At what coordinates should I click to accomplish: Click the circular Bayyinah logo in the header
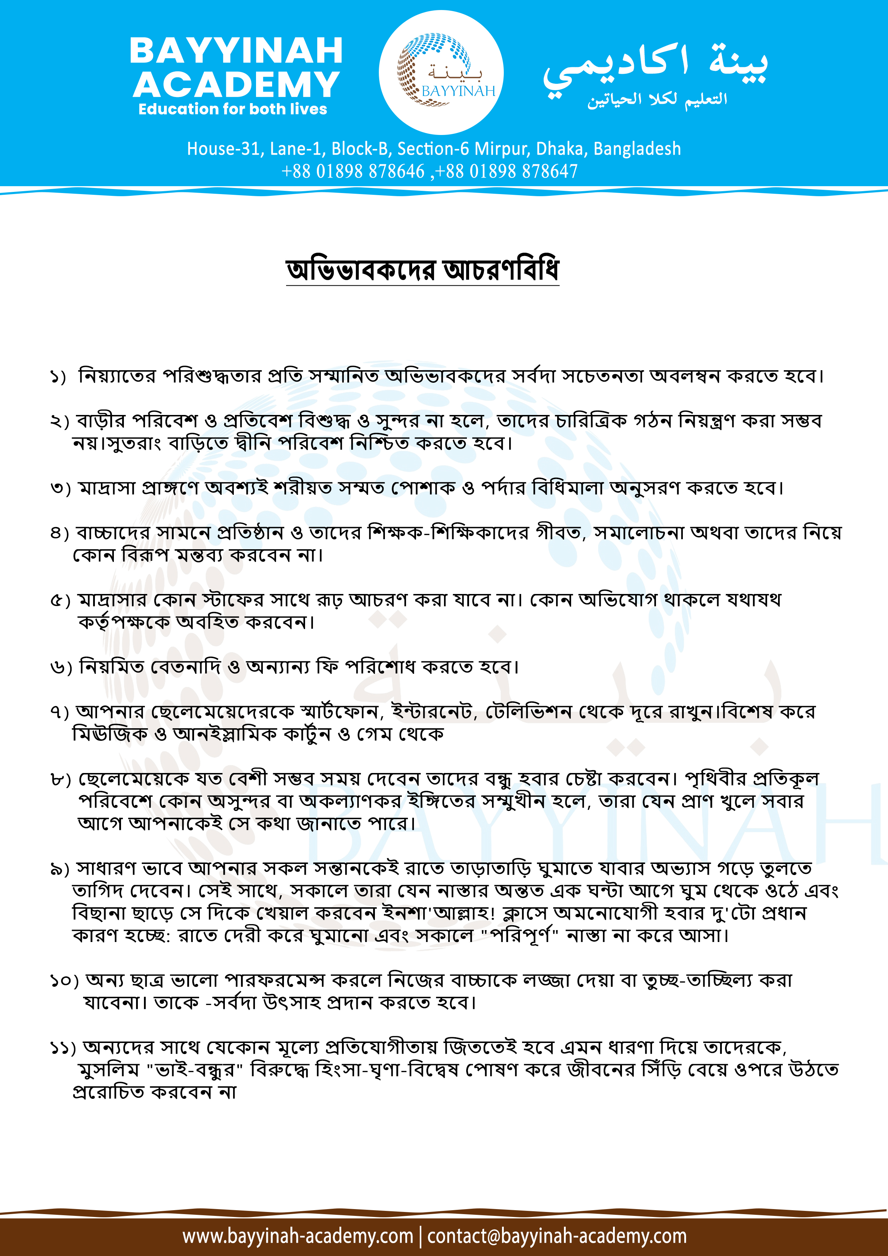click(441, 72)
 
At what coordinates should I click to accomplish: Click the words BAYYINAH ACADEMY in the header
click(236, 67)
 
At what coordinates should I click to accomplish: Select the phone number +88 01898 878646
click(353, 171)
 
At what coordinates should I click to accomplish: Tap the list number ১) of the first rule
click(58, 377)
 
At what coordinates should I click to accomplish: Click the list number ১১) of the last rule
click(63, 1048)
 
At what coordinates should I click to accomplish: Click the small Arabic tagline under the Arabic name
click(657, 100)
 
